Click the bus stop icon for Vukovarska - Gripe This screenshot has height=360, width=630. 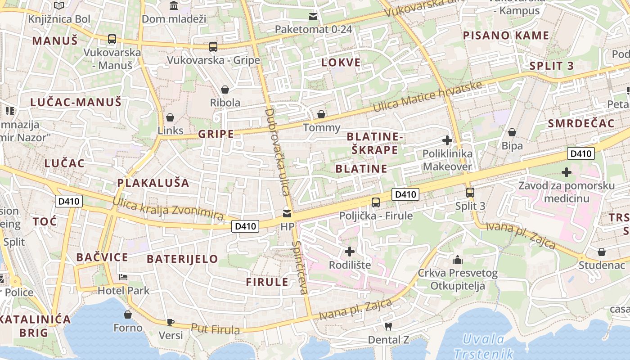coord(213,46)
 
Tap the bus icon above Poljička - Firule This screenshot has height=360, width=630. coord(376,202)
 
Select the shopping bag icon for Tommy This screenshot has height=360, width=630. coord(321,114)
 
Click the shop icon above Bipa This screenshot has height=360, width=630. coord(512,132)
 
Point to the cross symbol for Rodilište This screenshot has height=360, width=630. coord(350,251)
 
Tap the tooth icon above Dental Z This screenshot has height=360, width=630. coord(388,326)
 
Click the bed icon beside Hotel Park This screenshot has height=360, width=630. coord(123,277)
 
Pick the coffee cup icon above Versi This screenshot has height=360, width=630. coord(171,322)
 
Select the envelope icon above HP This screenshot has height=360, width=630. coord(287,213)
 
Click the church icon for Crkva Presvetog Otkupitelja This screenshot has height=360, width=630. coord(458,260)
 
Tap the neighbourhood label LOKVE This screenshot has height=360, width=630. coord(341,63)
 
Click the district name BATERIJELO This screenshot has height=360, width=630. coord(182,259)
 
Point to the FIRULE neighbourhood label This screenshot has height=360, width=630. coord(267,282)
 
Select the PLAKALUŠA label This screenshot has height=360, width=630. coord(153,183)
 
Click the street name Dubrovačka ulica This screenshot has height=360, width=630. coord(277,151)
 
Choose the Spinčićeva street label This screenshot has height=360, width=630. coord(300,267)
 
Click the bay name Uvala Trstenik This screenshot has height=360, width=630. coord(483,346)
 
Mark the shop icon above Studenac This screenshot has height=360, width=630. coord(602,252)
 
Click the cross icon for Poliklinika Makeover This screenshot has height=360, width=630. coord(447,140)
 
